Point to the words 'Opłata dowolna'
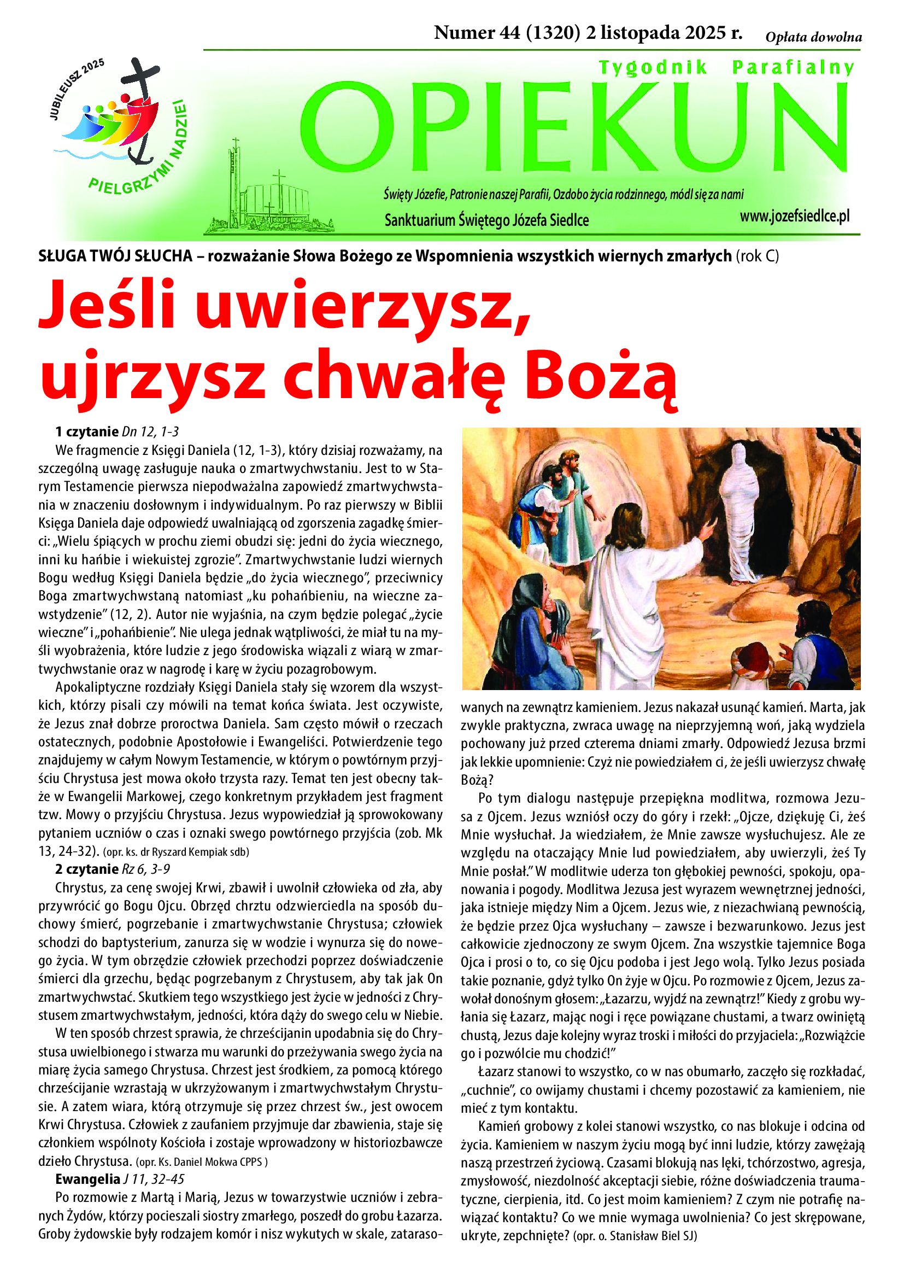click(x=813, y=38)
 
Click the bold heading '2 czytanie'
click(x=86, y=868)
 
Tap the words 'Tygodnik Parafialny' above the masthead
click(x=725, y=68)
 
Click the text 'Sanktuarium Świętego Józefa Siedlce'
click(x=486, y=221)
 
